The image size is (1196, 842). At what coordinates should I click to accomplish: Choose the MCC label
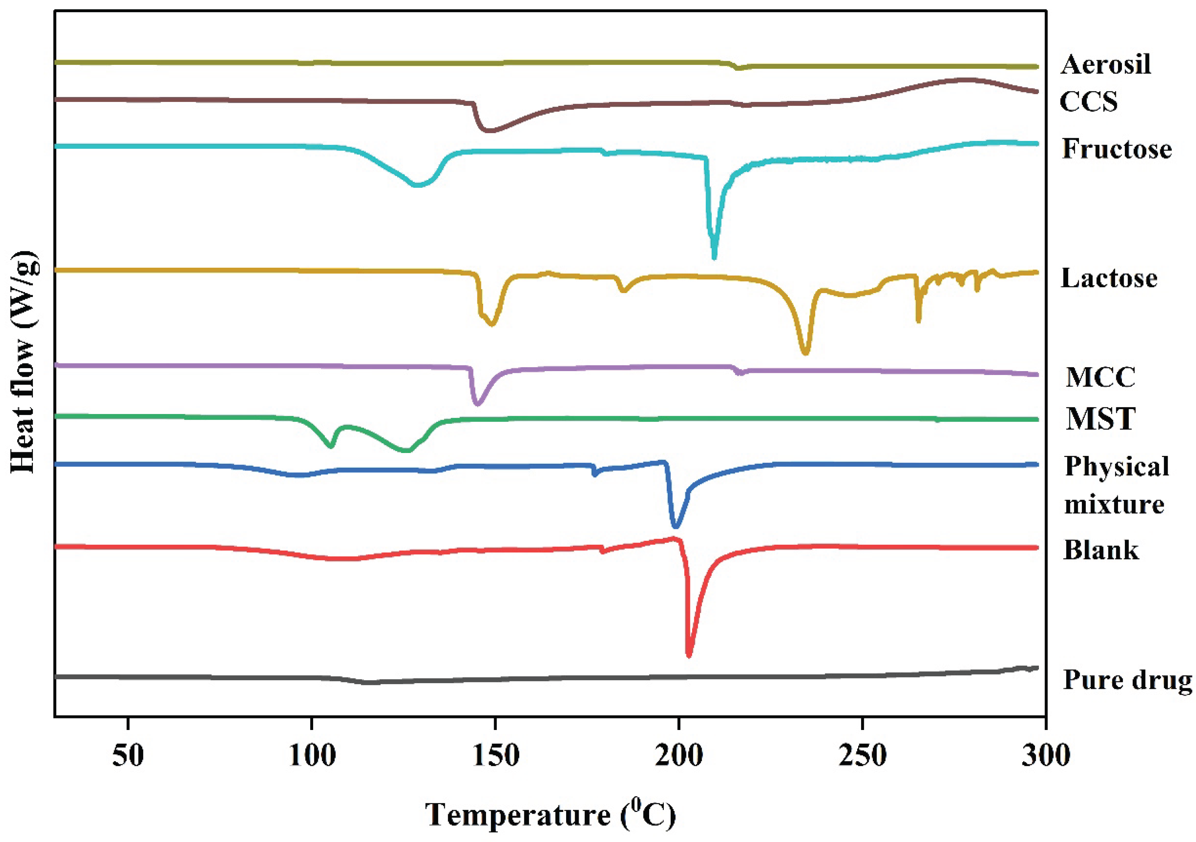(x=1100, y=378)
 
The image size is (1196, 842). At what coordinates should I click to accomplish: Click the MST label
(x=1100, y=419)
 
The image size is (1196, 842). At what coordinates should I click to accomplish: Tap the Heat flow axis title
(x=24, y=362)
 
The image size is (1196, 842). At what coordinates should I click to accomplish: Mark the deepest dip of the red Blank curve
(x=689, y=655)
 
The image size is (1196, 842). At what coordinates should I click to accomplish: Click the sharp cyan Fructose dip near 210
(x=714, y=256)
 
